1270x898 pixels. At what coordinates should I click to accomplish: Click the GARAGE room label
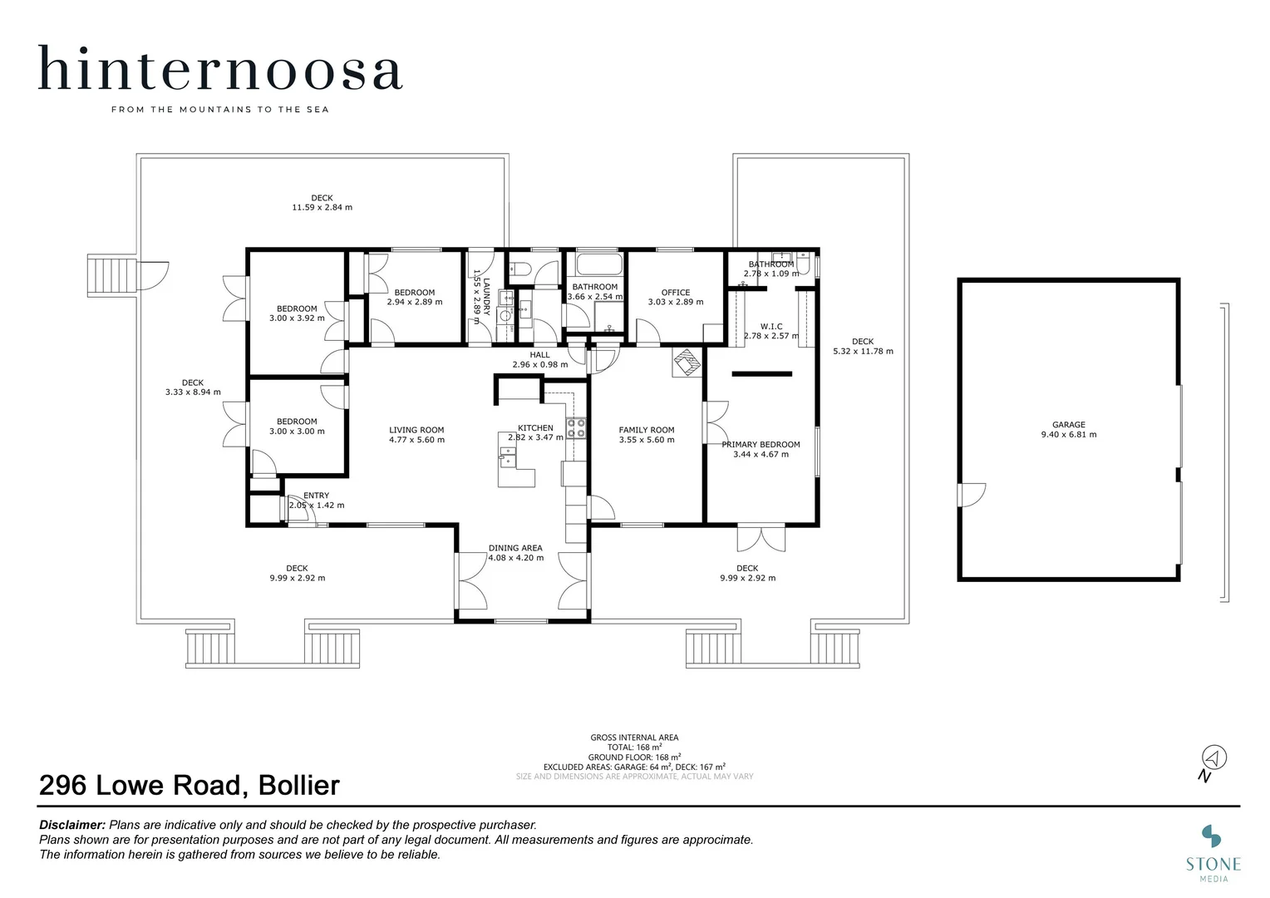[x=1069, y=424]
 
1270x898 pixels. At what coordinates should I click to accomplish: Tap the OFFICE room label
[x=675, y=293]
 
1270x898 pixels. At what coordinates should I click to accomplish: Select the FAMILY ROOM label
[x=647, y=430]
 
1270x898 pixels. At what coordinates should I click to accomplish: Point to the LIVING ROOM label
[x=416, y=430]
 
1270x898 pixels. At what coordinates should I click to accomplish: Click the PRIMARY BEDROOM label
[x=761, y=445]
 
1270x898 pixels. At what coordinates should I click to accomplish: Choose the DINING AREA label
[x=515, y=548]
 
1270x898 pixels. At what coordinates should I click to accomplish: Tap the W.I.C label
[x=771, y=327]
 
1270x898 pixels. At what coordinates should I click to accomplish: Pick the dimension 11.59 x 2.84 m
[x=322, y=208]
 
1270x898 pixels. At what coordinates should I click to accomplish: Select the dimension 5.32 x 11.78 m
[x=863, y=351]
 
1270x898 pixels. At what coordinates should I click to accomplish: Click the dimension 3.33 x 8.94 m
[x=193, y=392]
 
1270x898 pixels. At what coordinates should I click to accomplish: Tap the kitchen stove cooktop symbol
[x=576, y=428]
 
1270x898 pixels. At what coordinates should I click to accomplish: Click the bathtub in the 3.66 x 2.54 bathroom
[x=599, y=264]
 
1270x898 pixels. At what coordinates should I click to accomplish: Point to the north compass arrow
[x=1213, y=757]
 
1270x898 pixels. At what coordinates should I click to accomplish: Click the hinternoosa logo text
[x=220, y=68]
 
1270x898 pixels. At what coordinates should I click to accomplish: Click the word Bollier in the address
[x=298, y=786]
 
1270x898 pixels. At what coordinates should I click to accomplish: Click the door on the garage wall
[x=972, y=495]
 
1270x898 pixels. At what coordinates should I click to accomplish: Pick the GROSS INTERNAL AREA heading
[x=634, y=738]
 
